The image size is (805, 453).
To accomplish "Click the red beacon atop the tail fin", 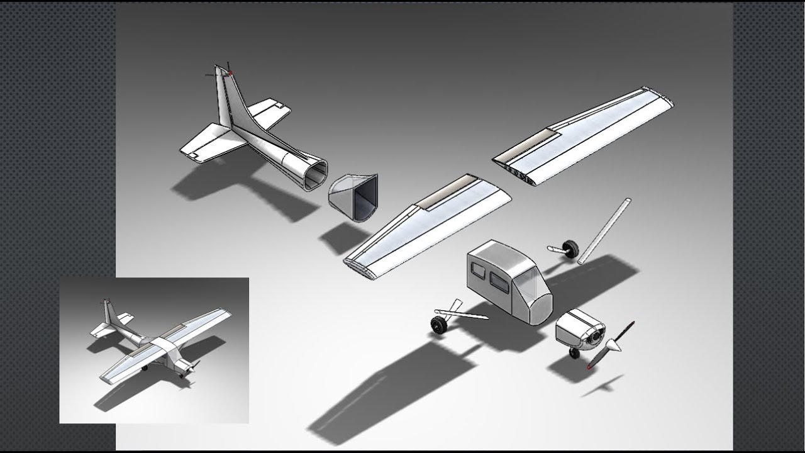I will (x=230, y=74).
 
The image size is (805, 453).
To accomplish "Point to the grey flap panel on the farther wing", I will (x=535, y=142).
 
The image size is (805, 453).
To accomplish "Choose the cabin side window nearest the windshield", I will (x=499, y=281).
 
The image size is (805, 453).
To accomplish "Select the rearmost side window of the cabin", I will (x=479, y=271).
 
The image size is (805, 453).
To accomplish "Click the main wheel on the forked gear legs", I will (x=438, y=325).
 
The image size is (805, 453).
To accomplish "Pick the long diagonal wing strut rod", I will (x=604, y=231).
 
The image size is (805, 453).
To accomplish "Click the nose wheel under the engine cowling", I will (x=574, y=353).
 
